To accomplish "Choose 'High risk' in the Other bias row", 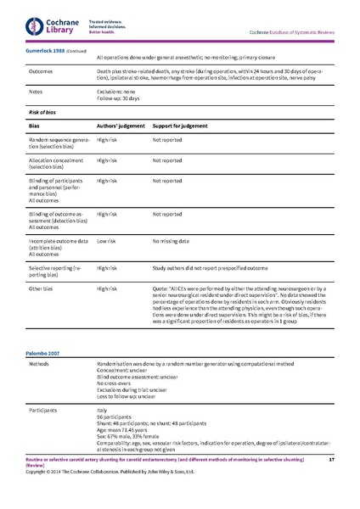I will click(x=107, y=288).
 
